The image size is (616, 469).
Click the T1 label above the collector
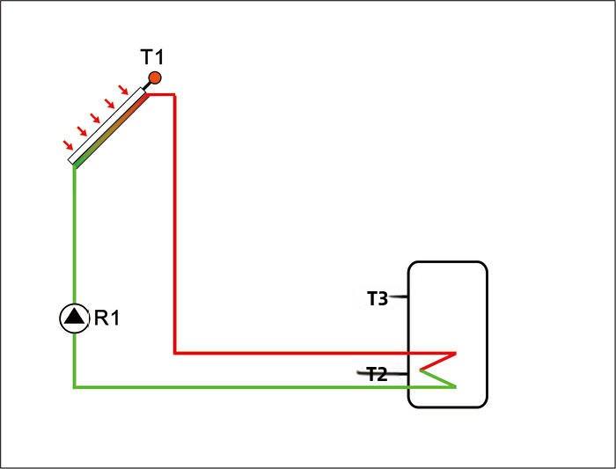(152, 58)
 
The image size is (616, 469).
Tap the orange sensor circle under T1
(155, 78)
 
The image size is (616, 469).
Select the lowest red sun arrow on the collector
(68, 145)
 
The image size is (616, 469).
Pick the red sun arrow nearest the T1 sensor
(124, 89)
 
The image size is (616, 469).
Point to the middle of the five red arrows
(96, 117)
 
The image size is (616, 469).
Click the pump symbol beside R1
(74, 318)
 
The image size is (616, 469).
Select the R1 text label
(106, 318)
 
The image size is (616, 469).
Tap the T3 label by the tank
(377, 298)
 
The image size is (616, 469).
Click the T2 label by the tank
(377, 375)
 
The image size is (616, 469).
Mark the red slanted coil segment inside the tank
(437, 361)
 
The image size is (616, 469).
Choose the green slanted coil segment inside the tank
(437, 377)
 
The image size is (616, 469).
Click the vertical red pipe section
(175, 220)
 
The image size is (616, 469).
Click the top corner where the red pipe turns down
(175, 94)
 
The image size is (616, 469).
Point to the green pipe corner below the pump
(74, 385)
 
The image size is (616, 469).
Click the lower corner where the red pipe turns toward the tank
(175, 353)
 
